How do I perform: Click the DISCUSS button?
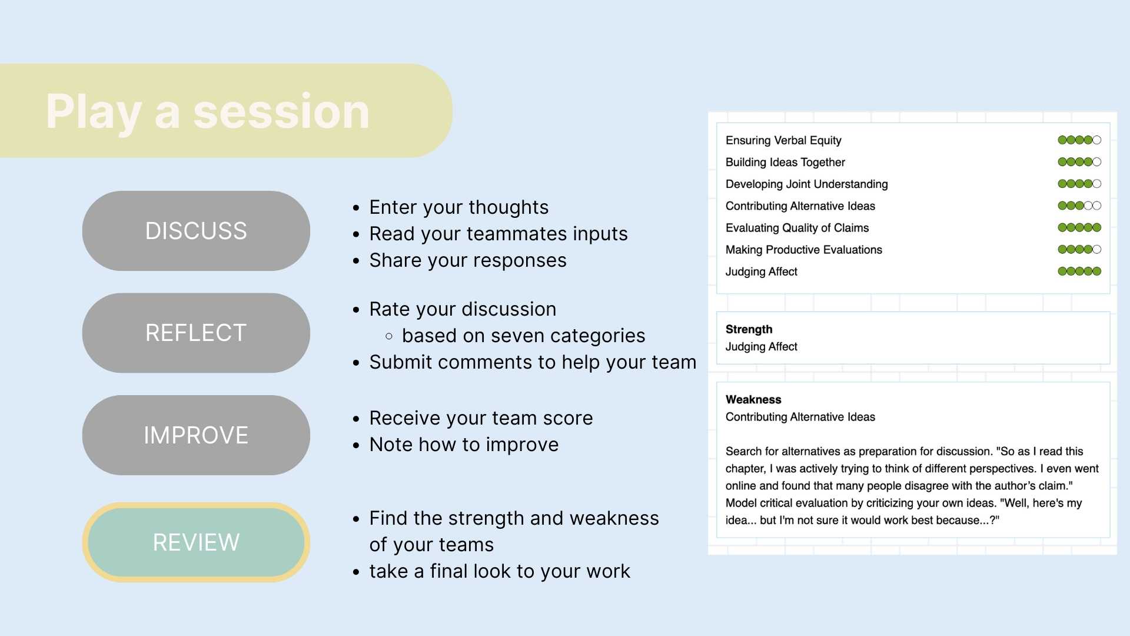pos(196,231)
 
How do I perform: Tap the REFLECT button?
pos(196,333)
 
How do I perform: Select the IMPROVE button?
pos(196,435)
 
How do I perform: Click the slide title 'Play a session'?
pos(208,112)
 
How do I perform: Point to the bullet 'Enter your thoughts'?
pos(459,207)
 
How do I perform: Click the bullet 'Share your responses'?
pos(468,260)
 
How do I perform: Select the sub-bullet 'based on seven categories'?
pos(524,336)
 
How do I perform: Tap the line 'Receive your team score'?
pos(481,418)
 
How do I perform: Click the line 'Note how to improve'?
pos(464,445)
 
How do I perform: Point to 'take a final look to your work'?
pos(500,571)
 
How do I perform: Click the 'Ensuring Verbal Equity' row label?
pos(783,140)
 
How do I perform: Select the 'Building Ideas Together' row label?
pos(785,162)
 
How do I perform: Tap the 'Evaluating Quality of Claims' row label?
pos(797,228)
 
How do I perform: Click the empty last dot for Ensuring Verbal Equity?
pos(1097,140)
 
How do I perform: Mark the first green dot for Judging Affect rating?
pos(1062,271)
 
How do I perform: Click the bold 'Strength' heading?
pos(749,329)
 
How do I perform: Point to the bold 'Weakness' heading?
pos(753,399)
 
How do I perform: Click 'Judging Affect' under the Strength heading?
pos(761,347)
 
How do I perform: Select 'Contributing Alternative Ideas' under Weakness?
pos(800,417)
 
